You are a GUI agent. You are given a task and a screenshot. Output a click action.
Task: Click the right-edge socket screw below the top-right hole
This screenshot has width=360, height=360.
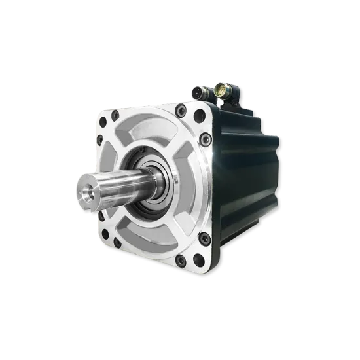pos(206,138)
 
